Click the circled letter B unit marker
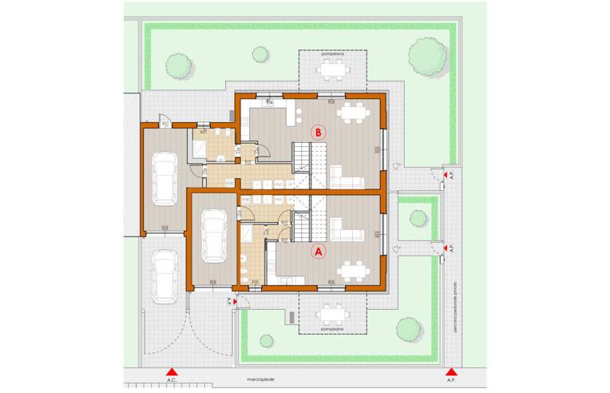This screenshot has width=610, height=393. (x=319, y=133)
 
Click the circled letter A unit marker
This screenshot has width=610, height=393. (x=319, y=251)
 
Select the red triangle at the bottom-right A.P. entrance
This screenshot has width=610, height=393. (x=451, y=371)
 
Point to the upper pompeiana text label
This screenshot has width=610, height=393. (x=331, y=54)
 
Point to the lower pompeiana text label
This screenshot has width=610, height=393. (x=331, y=327)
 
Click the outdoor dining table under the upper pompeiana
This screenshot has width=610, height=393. (x=332, y=70)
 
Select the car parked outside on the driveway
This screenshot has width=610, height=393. (x=164, y=276)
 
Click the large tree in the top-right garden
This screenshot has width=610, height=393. (x=426, y=57)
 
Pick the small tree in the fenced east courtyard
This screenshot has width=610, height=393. (x=415, y=218)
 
